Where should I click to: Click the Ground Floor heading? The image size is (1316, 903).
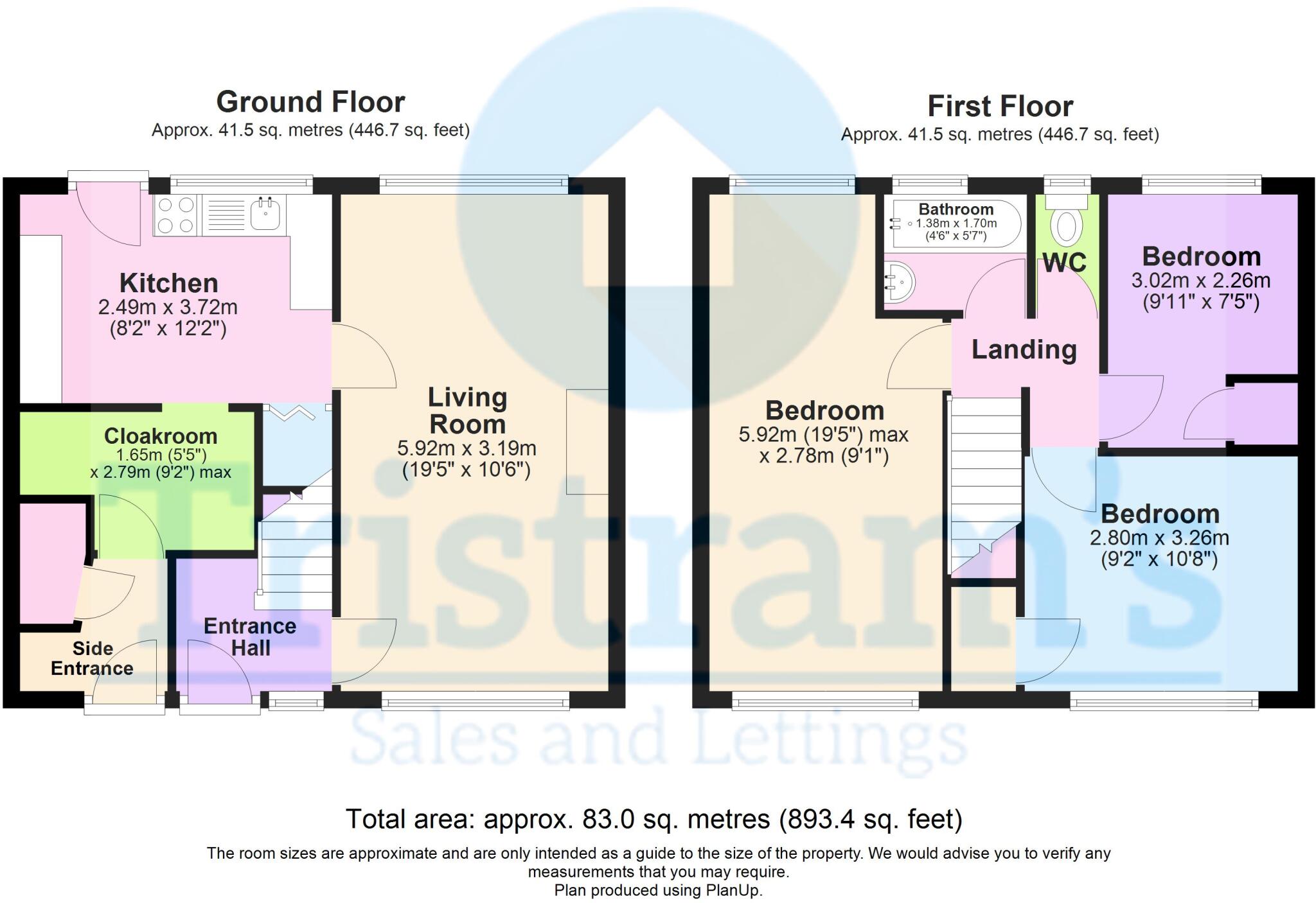point(310,102)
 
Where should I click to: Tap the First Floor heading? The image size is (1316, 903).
point(1000,107)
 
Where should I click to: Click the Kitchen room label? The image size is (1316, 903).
point(169,283)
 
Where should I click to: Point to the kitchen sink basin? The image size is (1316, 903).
point(264,215)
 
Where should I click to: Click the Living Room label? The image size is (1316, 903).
point(467,411)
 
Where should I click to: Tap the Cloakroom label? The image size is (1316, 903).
point(161,436)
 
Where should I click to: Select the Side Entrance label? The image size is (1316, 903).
point(92,658)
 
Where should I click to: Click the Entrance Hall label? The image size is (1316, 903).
point(250,636)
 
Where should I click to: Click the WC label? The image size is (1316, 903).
point(1065,263)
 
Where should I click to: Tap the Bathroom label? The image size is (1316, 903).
point(956,209)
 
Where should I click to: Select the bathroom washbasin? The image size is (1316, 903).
point(900,281)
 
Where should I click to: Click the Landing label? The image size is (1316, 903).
point(1024,350)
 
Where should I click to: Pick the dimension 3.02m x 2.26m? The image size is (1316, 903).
point(1200,281)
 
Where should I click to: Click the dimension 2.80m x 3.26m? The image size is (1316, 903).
point(1159,538)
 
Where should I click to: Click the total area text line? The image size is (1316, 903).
point(654,820)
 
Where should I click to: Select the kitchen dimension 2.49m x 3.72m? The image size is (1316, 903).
point(168,307)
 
